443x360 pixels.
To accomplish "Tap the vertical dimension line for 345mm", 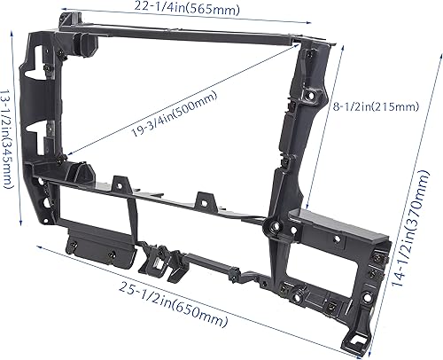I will tap(20, 133).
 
